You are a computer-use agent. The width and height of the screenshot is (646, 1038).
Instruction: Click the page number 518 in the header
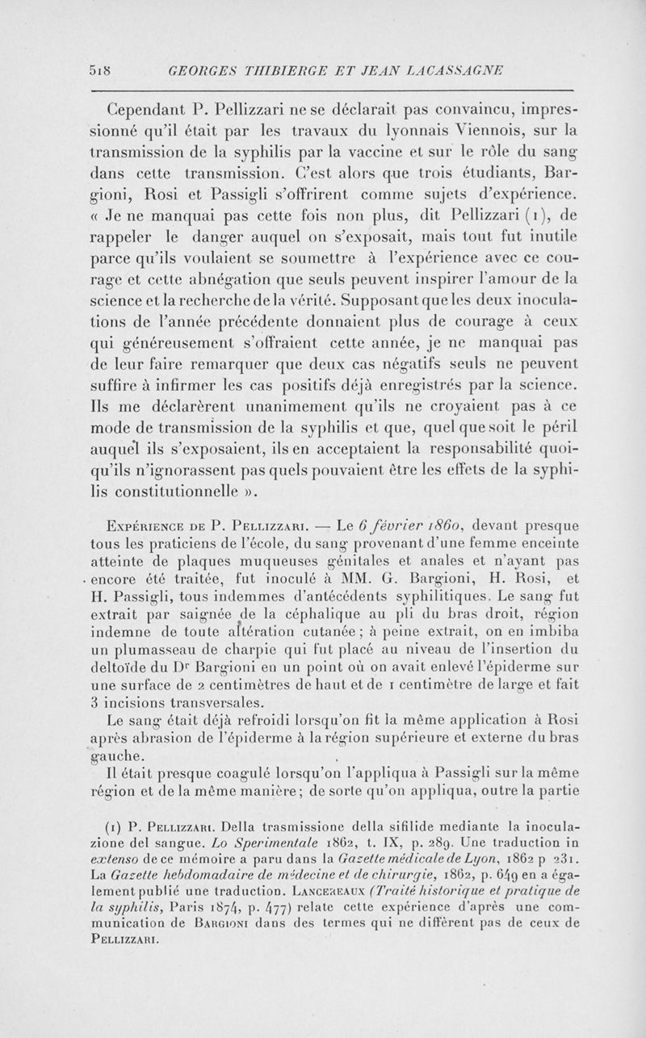pyautogui.click(x=100, y=70)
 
